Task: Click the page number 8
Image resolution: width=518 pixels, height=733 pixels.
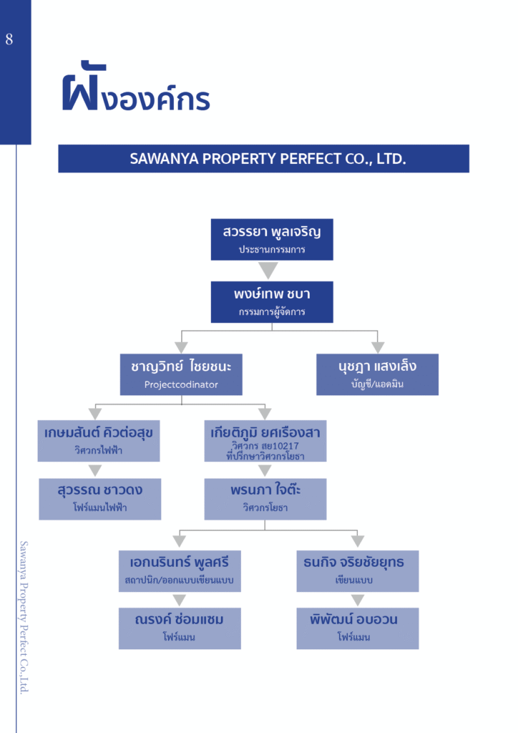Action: point(9,39)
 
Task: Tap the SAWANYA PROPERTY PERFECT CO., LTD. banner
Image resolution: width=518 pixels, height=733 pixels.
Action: point(263,158)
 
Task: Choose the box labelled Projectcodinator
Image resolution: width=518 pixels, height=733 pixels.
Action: point(181,374)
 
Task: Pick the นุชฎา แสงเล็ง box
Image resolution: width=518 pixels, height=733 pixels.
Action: point(377,374)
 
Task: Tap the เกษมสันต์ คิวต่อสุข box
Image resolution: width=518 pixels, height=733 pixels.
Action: point(99,440)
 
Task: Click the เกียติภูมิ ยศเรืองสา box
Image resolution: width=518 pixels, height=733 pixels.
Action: point(265,440)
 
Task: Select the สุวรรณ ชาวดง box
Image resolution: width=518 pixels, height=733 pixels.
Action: point(99,498)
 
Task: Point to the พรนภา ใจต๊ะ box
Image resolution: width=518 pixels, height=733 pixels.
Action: point(265,498)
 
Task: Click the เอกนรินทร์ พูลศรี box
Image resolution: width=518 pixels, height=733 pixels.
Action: point(180,571)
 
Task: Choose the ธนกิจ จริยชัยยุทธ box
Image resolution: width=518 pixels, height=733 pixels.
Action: point(357,571)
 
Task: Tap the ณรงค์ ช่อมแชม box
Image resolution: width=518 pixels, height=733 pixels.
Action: point(180,628)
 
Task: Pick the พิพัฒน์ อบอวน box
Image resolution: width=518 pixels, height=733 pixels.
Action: point(357,628)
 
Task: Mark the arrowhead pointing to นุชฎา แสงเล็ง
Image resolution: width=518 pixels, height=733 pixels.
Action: point(378,347)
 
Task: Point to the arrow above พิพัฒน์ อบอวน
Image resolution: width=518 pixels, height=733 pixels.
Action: point(358,600)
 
